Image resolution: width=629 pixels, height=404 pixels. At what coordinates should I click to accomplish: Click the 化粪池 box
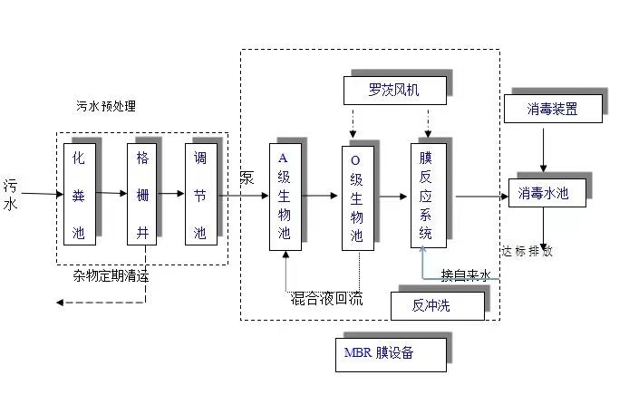[x=80, y=194]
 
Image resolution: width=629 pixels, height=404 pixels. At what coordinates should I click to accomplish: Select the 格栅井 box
[x=141, y=194]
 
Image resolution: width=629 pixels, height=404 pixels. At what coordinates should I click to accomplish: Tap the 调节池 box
[x=200, y=194]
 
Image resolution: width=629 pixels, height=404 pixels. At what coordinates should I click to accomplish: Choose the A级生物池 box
[x=285, y=196]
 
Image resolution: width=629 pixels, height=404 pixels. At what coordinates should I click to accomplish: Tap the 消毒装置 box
[x=552, y=111]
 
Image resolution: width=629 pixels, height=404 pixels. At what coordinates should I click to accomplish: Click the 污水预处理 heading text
[x=106, y=106]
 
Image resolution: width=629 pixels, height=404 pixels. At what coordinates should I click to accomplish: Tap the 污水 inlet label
[x=11, y=194]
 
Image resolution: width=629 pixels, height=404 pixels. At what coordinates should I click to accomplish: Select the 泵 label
[x=247, y=178]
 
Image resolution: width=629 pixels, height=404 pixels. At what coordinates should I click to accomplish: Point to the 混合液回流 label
[x=326, y=298]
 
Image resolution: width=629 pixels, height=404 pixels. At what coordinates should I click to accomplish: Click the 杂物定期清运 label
[x=111, y=276]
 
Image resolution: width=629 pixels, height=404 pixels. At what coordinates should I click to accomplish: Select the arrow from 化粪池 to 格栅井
[x=111, y=193]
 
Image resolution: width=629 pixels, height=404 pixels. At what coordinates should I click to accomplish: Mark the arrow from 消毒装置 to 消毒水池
[x=543, y=149]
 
